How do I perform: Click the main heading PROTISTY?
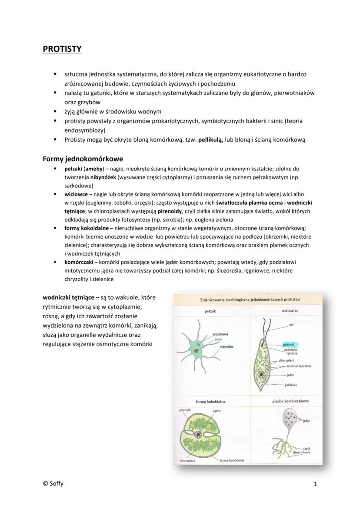tap(62, 49)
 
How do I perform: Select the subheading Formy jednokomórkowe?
tap(83, 159)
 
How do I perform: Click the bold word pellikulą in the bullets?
tap(211, 140)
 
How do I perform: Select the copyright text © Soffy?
tap(53, 483)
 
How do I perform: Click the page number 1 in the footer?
tap(315, 483)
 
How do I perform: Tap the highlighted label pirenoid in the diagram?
tap(288, 344)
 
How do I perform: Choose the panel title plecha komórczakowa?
tap(287, 402)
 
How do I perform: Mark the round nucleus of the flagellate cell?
tap(261, 374)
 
